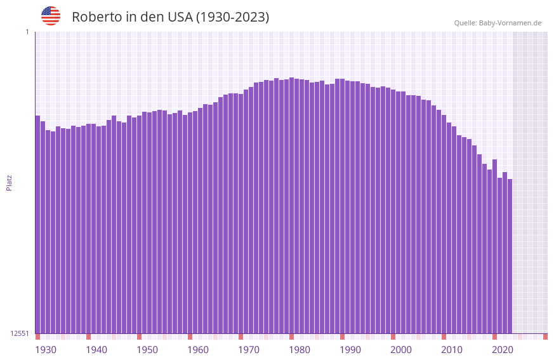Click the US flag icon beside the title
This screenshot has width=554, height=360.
[x=51, y=16]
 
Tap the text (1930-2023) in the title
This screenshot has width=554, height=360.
[x=232, y=17]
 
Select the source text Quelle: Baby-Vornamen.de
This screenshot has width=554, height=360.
[x=498, y=23]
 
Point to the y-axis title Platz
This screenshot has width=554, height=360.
[x=9, y=182]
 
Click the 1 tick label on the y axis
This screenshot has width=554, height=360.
[x=27, y=32]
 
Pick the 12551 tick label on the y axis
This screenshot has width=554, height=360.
[x=20, y=333]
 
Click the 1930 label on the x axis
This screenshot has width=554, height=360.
[x=46, y=350]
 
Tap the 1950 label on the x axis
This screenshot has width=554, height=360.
[x=147, y=350]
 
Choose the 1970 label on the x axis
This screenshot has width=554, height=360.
[x=249, y=350]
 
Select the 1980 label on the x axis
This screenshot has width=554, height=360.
[x=300, y=350]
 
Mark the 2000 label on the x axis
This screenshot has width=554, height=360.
[x=401, y=350]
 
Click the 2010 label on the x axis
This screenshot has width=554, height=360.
[x=452, y=350]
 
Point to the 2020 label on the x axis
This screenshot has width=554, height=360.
[x=503, y=350]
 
